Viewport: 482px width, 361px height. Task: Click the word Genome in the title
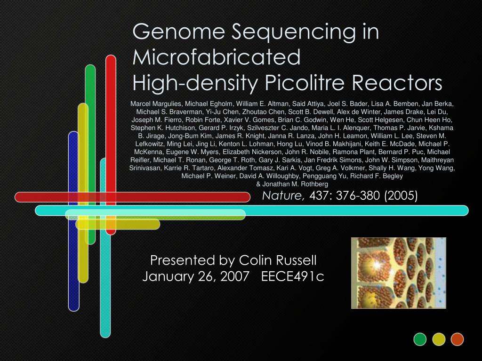(178, 32)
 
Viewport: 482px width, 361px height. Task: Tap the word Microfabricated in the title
(217, 57)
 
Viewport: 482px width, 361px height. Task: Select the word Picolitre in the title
(305, 83)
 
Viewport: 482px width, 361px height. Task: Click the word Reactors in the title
(397, 83)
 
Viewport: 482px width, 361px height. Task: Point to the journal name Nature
(282, 196)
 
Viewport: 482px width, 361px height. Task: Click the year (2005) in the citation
(401, 196)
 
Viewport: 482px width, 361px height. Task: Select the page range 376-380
(358, 196)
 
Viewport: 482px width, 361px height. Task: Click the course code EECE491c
(292, 276)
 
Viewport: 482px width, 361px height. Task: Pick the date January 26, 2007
(195, 276)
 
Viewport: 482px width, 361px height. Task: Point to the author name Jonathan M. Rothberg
(295, 184)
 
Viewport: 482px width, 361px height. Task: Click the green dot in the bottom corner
(420, 339)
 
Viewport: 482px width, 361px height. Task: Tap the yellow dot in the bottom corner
(439, 339)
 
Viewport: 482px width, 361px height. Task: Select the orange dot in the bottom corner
(457, 339)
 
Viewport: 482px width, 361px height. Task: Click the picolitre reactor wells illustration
(398, 273)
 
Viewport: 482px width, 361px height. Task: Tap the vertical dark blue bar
(73, 221)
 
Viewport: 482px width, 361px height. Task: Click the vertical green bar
(90, 154)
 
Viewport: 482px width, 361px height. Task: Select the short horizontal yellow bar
(118, 224)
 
